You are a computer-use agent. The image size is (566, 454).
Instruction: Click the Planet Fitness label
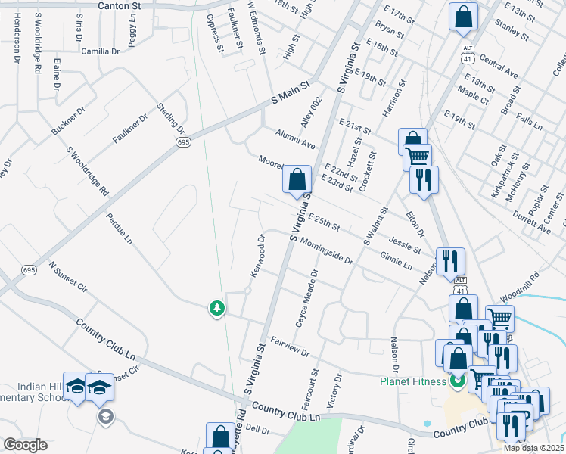click(413, 381)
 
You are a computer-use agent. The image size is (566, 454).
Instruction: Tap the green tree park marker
click(217, 308)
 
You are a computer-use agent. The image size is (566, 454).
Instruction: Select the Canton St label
click(120, 5)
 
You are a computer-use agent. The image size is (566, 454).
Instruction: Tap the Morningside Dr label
click(326, 250)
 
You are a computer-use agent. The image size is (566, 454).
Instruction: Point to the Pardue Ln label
click(120, 229)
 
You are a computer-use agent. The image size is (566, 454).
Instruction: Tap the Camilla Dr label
click(101, 51)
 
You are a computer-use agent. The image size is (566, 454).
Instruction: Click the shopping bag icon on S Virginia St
click(297, 180)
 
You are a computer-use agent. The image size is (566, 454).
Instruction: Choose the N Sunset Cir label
click(68, 279)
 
